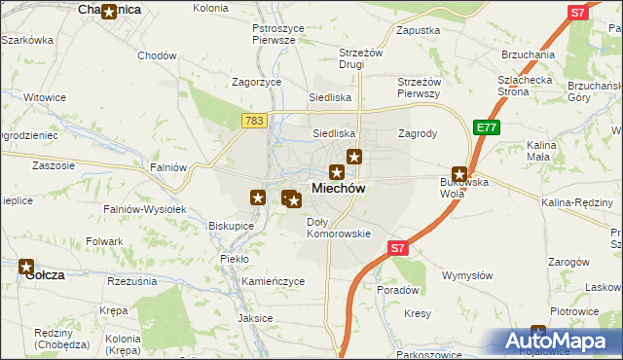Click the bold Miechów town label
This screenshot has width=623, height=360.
338,189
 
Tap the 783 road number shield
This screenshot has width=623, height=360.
254,120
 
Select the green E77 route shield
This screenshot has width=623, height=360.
487,126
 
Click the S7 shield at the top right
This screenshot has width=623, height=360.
578,13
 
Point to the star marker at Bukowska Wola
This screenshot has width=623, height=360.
459,173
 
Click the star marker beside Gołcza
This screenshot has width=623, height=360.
26,266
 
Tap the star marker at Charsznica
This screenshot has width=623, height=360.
109,13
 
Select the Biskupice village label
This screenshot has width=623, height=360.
231,226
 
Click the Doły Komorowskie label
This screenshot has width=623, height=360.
339,228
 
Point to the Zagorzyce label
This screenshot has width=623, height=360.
256,83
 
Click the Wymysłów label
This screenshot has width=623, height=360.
463,275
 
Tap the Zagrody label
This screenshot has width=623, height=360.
418,133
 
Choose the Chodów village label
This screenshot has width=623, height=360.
157,55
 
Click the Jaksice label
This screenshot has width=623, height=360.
255,318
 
